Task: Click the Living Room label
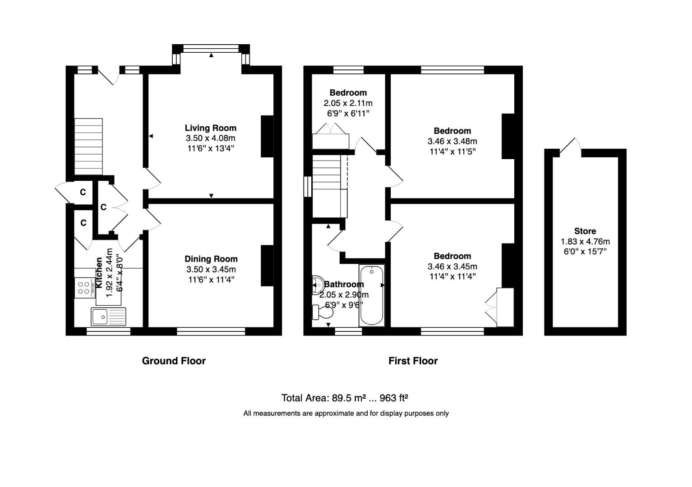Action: [210, 128]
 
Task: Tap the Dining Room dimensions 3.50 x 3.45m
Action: [211, 270]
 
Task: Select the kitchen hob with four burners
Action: [83, 288]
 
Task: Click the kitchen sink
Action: [109, 317]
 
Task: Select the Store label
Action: [585, 231]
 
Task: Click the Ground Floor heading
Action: [174, 361]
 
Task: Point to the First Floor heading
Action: [413, 361]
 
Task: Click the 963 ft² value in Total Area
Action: [394, 398]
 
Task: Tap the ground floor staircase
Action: [88, 147]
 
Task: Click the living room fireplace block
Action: [267, 137]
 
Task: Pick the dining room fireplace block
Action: [267, 266]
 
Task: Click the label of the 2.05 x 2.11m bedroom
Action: [348, 93]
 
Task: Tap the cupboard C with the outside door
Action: [83, 193]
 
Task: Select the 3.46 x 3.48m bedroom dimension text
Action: [452, 141]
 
